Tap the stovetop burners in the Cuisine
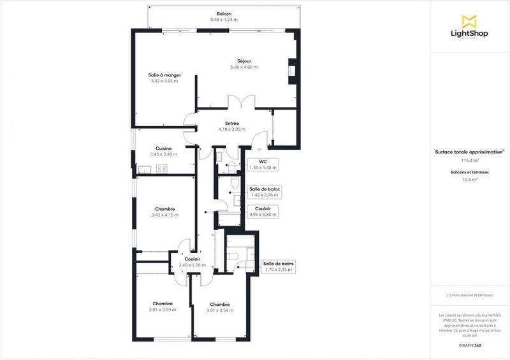point(161,169)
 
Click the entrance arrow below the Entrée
point(259,149)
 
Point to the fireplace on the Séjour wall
point(292,71)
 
